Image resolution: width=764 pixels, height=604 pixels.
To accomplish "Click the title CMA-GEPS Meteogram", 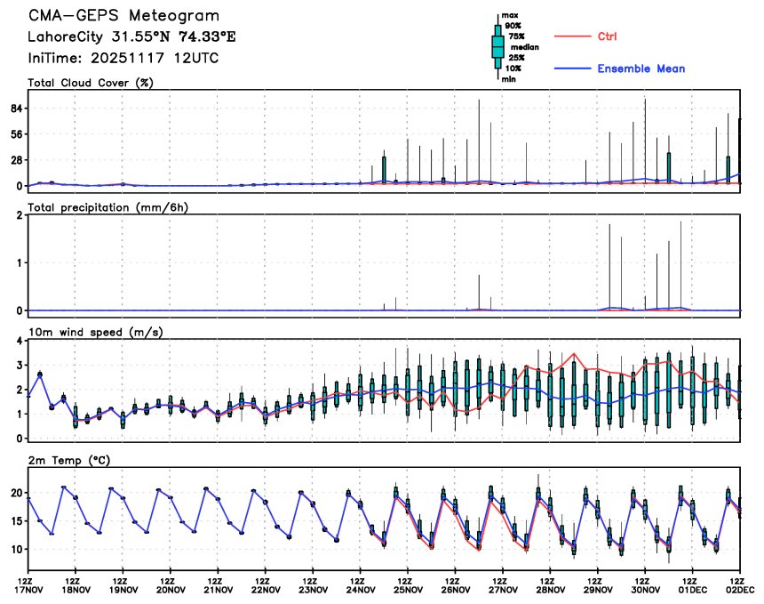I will point(123,16).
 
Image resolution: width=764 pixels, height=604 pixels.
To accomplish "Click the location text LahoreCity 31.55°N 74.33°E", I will point(132,37).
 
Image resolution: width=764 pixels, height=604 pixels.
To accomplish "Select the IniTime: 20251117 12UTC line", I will point(123,58).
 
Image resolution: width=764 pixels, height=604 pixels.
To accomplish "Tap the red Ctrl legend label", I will point(608,36).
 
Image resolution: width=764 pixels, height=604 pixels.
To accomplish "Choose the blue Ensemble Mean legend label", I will point(641,68).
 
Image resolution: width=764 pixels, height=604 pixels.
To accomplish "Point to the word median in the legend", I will point(521,47).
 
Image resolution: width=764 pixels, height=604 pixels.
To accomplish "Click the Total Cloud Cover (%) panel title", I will point(91,84).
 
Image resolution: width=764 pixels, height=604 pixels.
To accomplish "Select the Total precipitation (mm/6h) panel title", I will point(108,207).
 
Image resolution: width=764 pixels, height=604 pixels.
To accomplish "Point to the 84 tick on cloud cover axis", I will point(15,109).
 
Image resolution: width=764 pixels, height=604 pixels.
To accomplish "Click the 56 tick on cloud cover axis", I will point(15,134).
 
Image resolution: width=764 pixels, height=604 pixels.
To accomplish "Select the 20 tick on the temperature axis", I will point(15,493).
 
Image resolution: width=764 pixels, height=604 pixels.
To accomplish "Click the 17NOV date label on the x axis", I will point(28,589).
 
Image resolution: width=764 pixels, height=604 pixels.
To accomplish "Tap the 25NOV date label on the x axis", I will point(408,589).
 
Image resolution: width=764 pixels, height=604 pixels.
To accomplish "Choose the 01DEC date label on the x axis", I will point(693,589).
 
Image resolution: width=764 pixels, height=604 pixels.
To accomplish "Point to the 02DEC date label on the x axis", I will point(741,589).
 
